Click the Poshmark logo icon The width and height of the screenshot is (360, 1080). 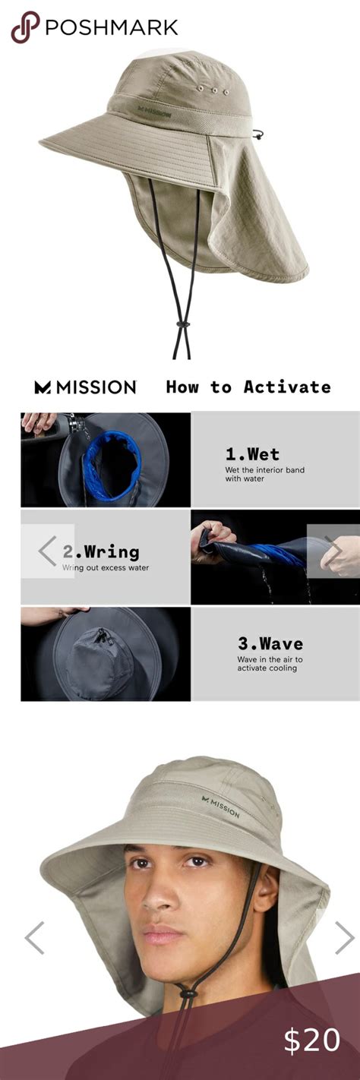pos(24,27)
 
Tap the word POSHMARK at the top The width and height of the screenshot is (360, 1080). pos(112,27)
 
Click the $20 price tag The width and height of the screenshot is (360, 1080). pos(312,1040)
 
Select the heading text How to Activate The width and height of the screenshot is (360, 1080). pos(248,387)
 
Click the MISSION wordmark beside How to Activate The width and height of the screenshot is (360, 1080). pos(85,387)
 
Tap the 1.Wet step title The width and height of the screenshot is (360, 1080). pos(252,453)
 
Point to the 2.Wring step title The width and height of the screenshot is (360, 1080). pos(101,551)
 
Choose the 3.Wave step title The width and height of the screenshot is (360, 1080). pos(270,643)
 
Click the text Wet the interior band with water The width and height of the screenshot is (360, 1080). pos(264,474)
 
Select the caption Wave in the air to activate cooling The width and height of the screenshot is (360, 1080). pos(270,664)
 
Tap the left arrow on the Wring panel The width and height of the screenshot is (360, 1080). pos(47,551)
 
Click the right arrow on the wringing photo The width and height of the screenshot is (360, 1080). pos(333,551)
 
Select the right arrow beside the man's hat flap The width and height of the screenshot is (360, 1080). pos(345,938)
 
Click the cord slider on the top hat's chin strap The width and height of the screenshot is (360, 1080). pos(182,324)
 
